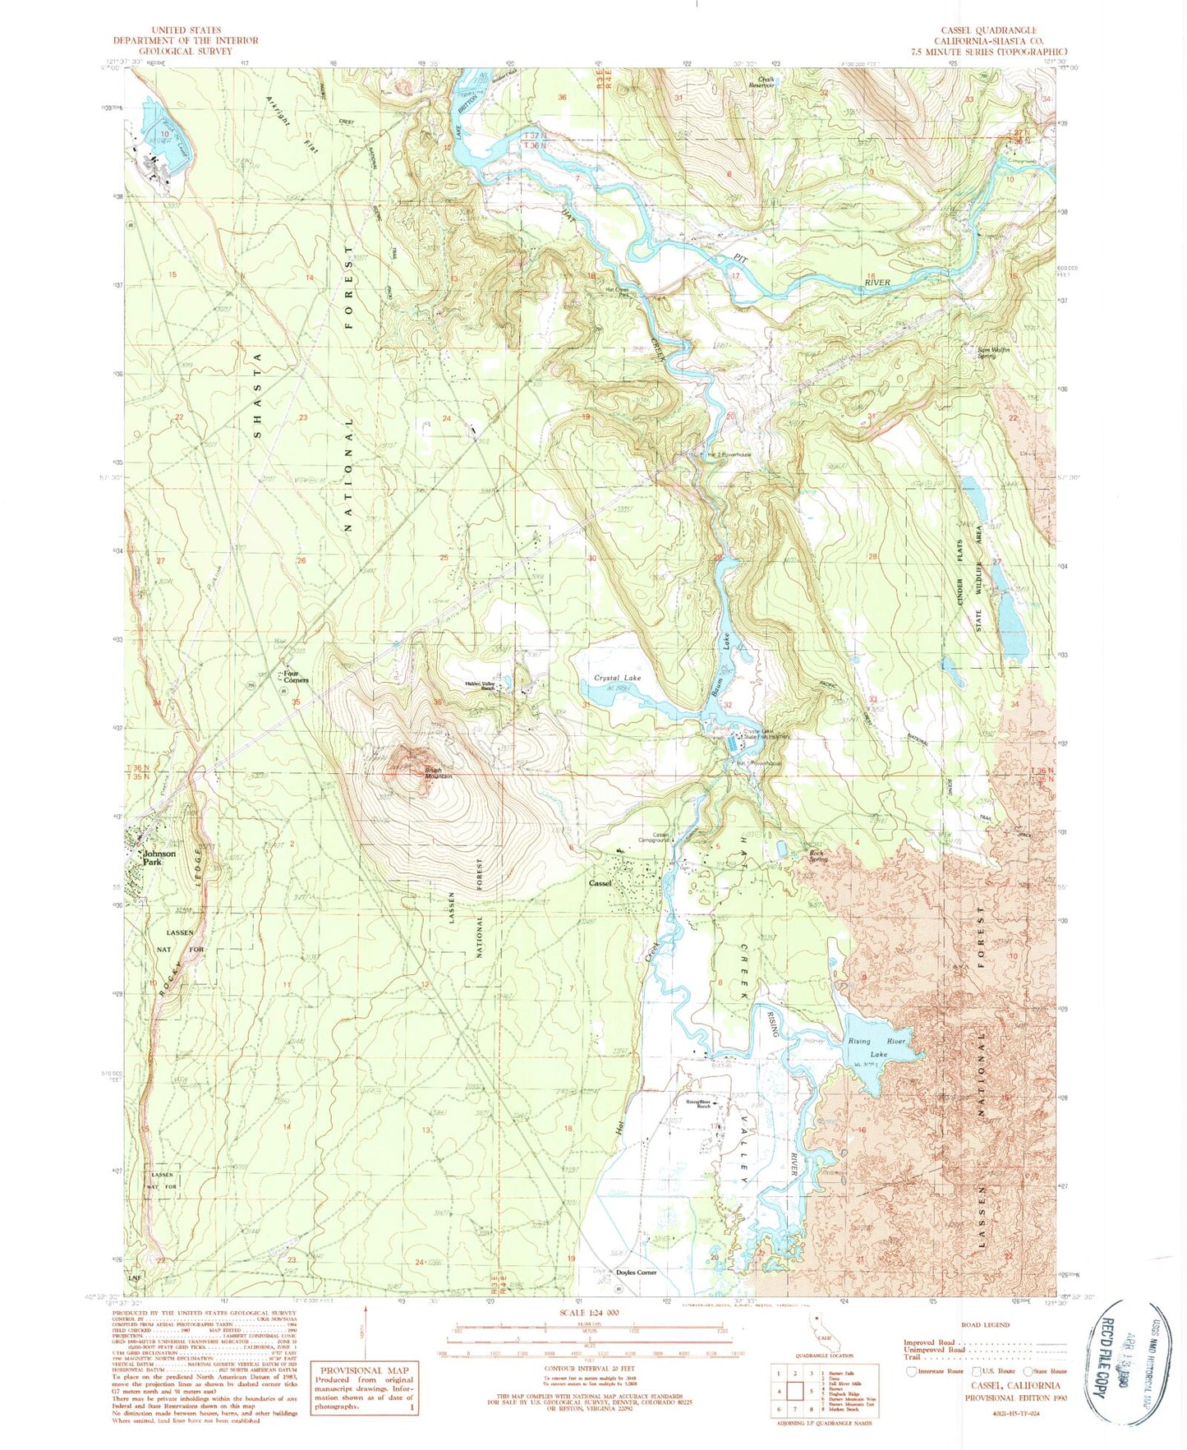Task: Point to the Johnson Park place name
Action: pyautogui.click(x=159, y=858)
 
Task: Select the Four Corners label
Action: pyautogui.click(x=294, y=677)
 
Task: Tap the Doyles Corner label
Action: pyautogui.click(x=636, y=1272)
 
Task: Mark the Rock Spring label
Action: pyautogui.click(x=817, y=856)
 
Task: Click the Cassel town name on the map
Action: pyautogui.click(x=600, y=883)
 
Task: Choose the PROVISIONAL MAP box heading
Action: pyautogui.click(x=364, y=1370)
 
